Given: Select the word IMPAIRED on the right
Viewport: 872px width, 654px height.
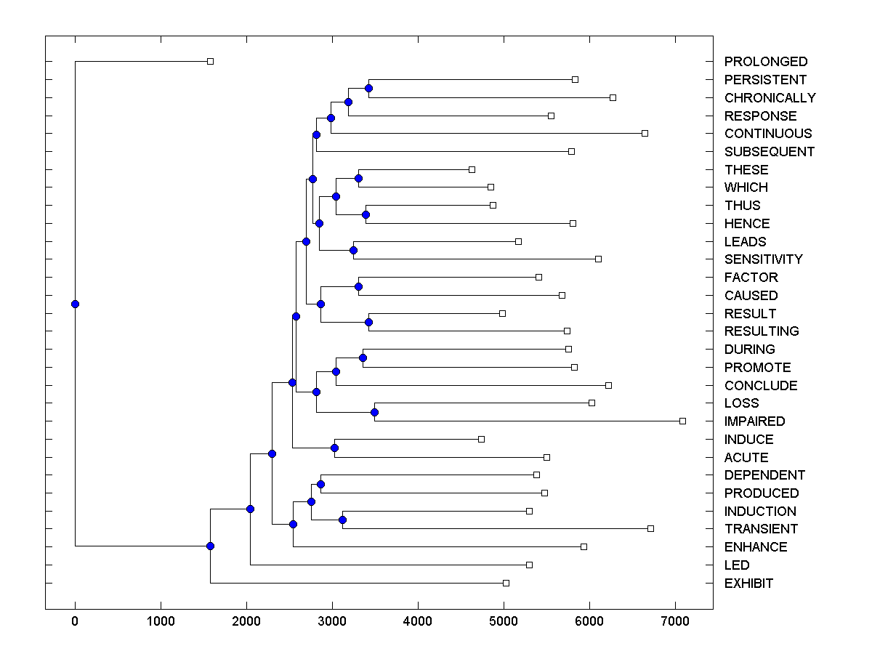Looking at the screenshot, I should coord(754,421).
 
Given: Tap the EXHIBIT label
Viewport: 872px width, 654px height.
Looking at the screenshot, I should coord(748,584).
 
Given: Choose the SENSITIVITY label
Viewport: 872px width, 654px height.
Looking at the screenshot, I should coord(763,259).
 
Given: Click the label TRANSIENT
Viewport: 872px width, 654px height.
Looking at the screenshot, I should coord(761,529).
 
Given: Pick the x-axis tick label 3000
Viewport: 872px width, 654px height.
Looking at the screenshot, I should coord(332,621).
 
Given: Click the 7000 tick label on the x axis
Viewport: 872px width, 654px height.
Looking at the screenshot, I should coord(675,621).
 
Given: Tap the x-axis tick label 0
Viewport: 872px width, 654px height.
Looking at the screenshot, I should coord(75,621).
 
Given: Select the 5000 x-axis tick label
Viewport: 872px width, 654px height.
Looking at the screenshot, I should coord(504,621).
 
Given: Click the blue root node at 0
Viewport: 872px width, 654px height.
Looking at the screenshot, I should coord(75,304).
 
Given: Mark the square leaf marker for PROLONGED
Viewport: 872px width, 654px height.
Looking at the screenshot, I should coord(210,62).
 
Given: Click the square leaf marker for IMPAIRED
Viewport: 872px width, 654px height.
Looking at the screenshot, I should coord(682,421).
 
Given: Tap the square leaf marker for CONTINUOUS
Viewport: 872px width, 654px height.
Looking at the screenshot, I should coord(645,133).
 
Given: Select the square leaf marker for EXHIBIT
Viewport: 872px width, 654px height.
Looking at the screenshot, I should coord(506,583).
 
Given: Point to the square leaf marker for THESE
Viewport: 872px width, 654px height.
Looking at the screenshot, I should coord(472,169).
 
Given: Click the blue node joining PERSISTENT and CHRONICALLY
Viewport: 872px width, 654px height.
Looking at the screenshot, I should coord(368,88).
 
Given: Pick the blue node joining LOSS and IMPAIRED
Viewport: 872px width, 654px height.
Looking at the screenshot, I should coord(374,412).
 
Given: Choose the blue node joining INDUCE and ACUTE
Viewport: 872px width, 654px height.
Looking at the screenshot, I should coord(334,448).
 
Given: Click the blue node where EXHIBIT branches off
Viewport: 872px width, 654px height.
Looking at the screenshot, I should coord(210,546).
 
